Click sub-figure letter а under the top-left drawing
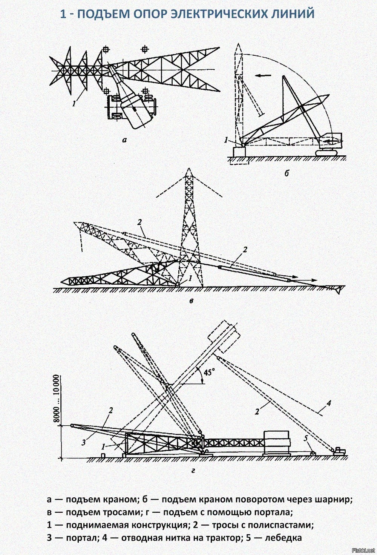pos(124,140)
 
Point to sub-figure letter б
pos(287,173)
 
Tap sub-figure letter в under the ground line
pos(191,301)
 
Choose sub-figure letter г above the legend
pos(193,470)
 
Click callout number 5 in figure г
pos(306,438)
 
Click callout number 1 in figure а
pos(74,104)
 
